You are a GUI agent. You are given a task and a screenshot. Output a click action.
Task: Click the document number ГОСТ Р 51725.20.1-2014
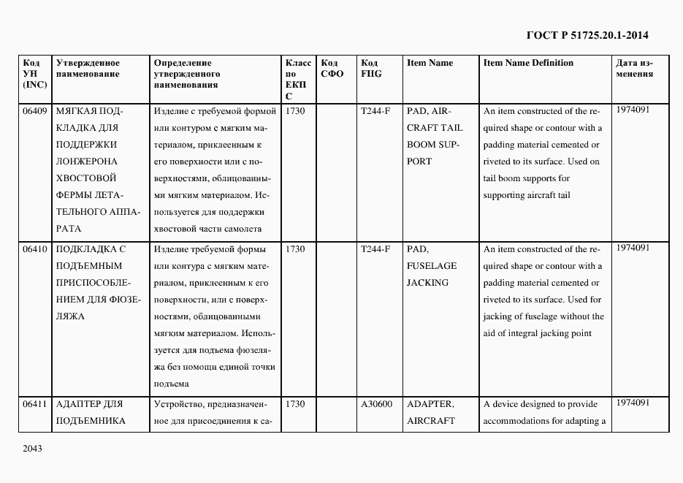(x=587, y=35)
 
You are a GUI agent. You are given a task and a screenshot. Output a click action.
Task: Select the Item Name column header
(x=430, y=63)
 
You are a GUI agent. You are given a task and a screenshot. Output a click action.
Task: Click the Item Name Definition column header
(x=528, y=63)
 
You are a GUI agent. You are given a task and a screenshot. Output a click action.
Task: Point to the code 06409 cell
(x=35, y=111)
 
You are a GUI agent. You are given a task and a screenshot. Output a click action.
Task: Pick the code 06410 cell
(x=35, y=248)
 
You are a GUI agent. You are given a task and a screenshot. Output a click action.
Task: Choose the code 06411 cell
(x=35, y=403)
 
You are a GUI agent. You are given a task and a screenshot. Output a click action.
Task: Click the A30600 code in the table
(x=376, y=403)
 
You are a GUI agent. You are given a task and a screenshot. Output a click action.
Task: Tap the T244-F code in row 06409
(x=375, y=111)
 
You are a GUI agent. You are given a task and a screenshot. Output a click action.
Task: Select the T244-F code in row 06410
(x=375, y=248)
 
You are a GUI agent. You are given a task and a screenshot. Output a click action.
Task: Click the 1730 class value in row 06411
(x=295, y=403)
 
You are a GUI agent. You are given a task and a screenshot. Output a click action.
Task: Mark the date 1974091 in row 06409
(x=633, y=110)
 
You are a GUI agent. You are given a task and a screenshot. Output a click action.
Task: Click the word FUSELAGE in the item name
(x=431, y=266)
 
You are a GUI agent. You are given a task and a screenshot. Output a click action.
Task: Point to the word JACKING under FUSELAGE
(x=427, y=283)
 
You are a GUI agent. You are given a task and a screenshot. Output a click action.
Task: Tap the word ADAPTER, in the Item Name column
(x=430, y=403)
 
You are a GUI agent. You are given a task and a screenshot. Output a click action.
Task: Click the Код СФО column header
(x=332, y=68)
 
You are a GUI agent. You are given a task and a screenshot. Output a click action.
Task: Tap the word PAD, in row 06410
(x=416, y=248)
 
